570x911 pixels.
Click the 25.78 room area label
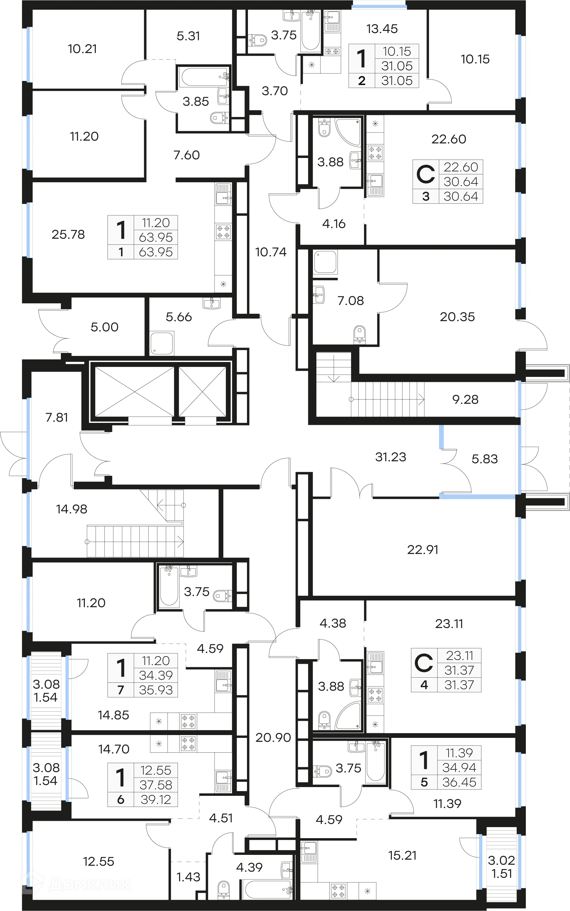(68, 234)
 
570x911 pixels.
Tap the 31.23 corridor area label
(391, 457)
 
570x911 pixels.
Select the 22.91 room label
(423, 550)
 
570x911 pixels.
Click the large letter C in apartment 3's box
(426, 174)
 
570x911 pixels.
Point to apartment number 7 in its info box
(120, 690)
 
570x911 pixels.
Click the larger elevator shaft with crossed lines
(135, 392)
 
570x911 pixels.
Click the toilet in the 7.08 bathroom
(360, 334)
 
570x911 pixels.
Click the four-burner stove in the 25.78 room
(223, 232)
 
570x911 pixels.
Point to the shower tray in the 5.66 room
(162, 343)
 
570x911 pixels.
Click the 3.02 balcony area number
(501, 860)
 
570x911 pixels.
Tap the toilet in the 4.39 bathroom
(224, 890)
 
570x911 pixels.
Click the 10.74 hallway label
(271, 252)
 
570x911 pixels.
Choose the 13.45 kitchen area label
(382, 29)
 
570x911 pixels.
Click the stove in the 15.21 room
(338, 891)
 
